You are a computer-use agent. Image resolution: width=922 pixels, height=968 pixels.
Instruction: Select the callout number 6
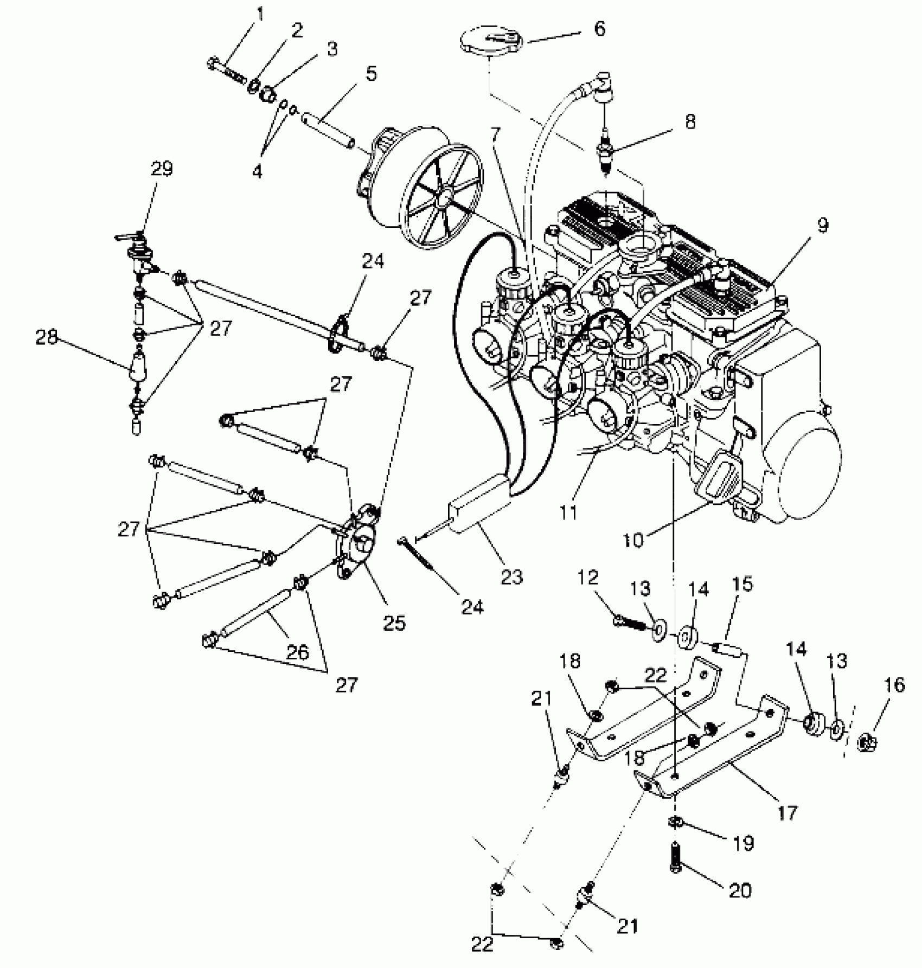599,29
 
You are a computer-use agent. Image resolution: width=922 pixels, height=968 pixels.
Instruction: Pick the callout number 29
161,169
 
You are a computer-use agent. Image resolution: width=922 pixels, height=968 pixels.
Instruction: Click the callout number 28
47,338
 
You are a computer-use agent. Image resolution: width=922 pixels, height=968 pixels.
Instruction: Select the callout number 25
394,623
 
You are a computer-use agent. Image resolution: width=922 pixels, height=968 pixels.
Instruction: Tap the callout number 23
511,577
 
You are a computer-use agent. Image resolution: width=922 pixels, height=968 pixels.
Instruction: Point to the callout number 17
787,812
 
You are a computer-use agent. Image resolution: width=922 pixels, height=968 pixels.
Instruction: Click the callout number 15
742,584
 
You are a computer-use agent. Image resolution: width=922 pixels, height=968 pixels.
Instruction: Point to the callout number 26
297,652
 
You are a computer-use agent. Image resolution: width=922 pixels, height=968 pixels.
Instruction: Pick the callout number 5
371,73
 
